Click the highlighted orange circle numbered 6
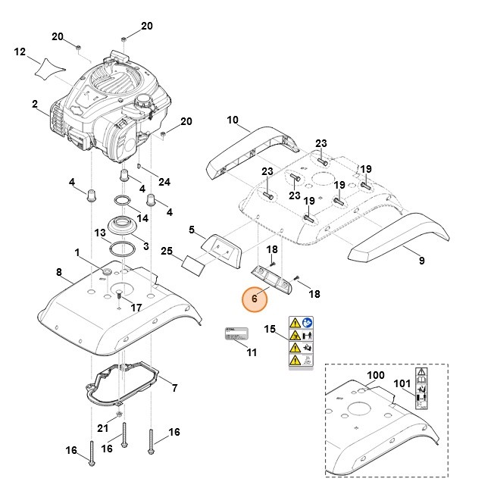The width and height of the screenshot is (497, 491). (255, 299)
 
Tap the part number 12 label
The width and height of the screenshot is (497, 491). (20, 52)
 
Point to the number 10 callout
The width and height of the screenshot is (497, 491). (233, 120)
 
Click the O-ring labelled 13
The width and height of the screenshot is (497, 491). (122, 249)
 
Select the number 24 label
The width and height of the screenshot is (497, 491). (164, 181)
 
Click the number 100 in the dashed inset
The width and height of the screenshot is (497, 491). (376, 376)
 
